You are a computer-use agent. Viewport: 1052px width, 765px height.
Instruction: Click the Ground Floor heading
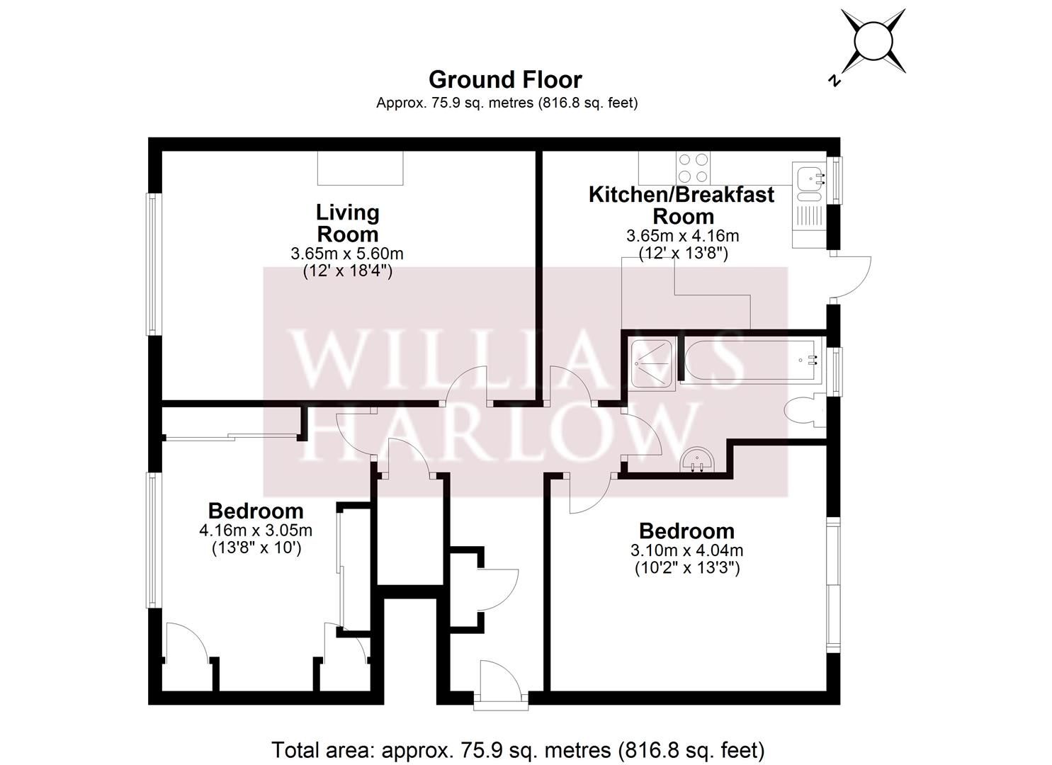pyautogui.click(x=505, y=79)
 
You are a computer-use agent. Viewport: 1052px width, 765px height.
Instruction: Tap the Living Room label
pyautogui.click(x=347, y=223)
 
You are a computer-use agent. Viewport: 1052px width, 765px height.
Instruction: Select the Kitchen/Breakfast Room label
pyautogui.click(x=681, y=205)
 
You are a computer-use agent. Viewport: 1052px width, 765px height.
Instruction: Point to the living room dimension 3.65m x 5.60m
pyautogui.click(x=347, y=253)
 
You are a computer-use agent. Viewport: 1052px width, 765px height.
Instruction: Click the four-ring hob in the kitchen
pyautogui.click(x=693, y=169)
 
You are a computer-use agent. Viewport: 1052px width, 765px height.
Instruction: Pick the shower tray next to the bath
pyautogui.click(x=650, y=363)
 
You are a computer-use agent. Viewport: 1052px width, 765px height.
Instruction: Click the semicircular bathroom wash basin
pyautogui.click(x=697, y=462)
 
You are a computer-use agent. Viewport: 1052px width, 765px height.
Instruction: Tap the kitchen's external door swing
pyautogui.click(x=849, y=277)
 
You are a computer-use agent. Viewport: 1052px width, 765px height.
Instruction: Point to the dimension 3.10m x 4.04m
pyautogui.click(x=686, y=550)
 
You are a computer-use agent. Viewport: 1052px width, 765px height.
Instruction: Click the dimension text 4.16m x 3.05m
pyautogui.click(x=256, y=530)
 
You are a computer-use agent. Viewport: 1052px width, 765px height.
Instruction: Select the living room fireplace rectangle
pyautogui.click(x=360, y=168)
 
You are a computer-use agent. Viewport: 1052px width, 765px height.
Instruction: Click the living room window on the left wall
pyautogui.click(x=152, y=263)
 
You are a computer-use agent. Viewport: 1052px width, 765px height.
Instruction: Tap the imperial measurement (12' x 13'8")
pyautogui.click(x=683, y=252)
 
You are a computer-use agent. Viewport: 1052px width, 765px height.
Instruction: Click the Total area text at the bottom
pyautogui.click(x=518, y=749)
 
